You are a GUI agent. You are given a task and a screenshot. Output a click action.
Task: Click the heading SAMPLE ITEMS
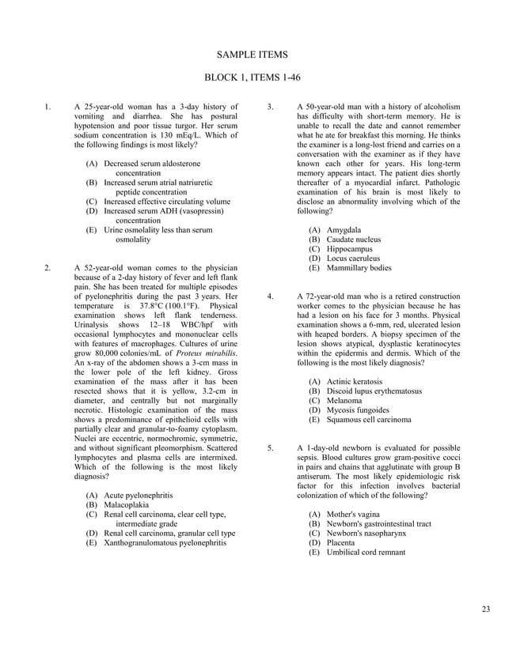tap(252, 55)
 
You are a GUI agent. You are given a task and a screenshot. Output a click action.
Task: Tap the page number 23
tap(485, 607)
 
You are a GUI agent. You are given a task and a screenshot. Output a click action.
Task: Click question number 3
tap(271, 107)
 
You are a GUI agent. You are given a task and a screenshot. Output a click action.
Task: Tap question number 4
tap(271, 296)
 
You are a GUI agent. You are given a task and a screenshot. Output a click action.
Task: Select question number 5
tap(271, 448)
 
